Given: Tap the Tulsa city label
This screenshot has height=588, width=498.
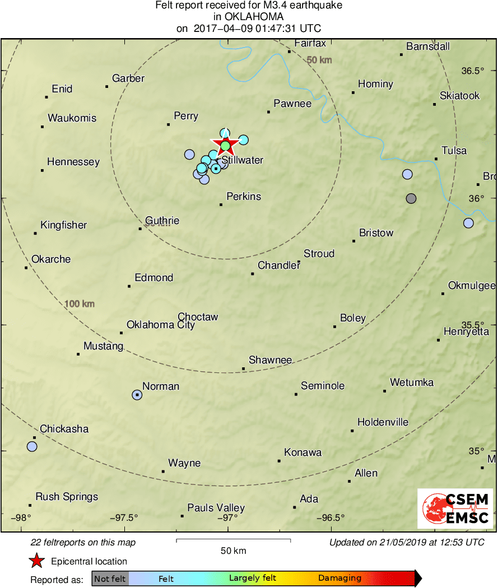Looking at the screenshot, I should (454, 151).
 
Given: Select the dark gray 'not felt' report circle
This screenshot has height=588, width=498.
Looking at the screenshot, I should (411, 198).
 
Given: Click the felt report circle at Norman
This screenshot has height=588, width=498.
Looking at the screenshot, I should (137, 395).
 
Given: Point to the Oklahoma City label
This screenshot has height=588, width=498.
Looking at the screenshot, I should (161, 325).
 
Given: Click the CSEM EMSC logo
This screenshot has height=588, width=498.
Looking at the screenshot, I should (455, 508).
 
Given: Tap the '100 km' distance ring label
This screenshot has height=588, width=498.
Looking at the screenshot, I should (80, 304).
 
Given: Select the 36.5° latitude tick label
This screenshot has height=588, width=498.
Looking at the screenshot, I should (472, 71).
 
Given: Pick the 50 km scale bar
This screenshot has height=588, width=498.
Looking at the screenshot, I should (233, 540).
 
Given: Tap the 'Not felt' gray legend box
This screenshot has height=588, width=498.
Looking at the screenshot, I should (110, 578).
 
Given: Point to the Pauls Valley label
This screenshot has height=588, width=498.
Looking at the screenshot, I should (216, 508).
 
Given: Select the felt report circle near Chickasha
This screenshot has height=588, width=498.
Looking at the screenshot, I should (32, 446).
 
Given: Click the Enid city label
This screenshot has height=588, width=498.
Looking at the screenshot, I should (62, 89).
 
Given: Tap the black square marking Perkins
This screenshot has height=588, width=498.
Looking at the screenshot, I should (221, 204).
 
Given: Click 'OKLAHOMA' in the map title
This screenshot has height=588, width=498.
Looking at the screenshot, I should (249, 17).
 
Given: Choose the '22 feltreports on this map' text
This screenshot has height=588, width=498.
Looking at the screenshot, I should (83, 542).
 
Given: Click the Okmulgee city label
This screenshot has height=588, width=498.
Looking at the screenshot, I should (471, 286).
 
